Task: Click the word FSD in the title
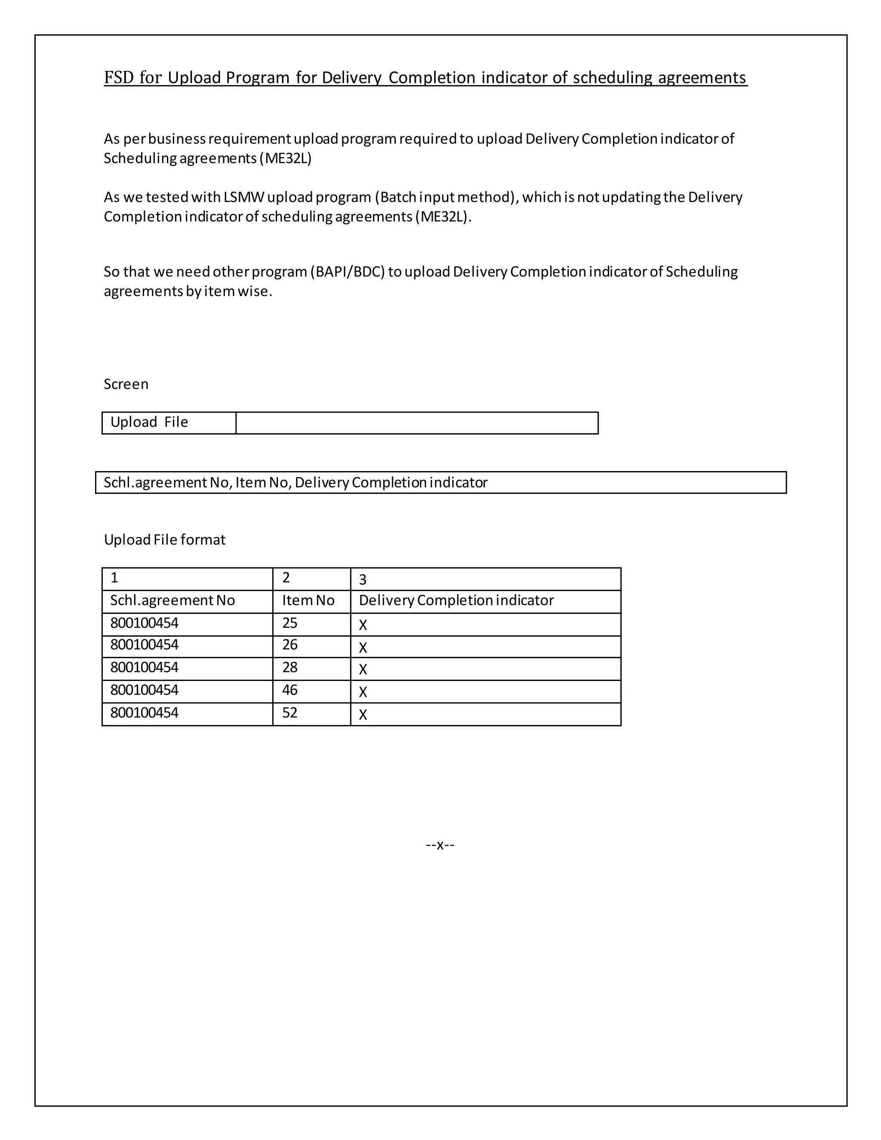(119, 77)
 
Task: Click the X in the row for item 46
(363, 692)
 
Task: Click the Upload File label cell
(149, 422)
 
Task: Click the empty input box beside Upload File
(416, 423)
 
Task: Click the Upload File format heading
(164, 540)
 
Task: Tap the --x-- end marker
(440, 844)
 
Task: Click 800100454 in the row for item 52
(145, 713)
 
